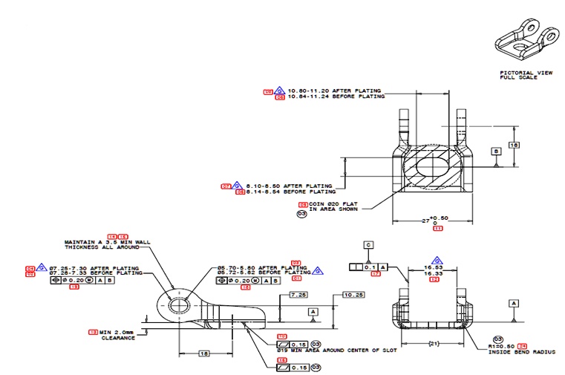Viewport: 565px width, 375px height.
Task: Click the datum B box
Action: (x=495, y=151)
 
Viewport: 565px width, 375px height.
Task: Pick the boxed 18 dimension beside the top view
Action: (x=512, y=145)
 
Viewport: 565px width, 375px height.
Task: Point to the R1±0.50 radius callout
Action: (x=504, y=346)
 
